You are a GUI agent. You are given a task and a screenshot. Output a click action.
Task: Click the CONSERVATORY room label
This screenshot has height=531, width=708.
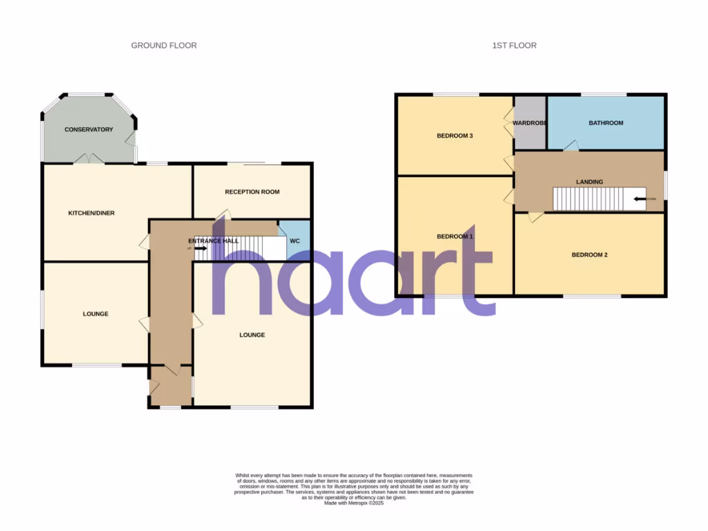88,129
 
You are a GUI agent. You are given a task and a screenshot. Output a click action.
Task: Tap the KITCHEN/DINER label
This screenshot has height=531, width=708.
91,213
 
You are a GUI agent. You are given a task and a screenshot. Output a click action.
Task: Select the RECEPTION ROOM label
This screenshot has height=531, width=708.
252,192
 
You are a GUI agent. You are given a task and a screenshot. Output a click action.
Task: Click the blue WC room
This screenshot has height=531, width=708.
295,241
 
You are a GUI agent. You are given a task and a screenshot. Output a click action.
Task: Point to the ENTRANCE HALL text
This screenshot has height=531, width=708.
214,241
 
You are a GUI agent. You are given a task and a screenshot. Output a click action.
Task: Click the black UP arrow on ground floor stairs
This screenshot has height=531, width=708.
200,248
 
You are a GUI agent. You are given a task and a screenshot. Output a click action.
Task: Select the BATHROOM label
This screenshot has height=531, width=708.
606,123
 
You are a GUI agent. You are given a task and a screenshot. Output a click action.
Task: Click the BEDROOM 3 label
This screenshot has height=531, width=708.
454,136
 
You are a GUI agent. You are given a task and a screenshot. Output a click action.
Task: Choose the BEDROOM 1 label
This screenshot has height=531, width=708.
454,236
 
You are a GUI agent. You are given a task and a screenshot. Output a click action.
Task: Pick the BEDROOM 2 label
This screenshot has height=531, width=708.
589,254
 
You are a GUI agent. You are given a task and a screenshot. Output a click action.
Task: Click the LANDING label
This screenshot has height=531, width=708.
589,182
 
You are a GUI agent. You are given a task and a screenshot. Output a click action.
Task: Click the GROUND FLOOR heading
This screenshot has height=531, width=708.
164,46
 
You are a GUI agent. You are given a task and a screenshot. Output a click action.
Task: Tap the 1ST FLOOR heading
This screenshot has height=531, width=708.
514,46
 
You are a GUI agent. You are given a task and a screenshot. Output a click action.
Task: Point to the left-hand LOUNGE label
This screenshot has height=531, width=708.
95,314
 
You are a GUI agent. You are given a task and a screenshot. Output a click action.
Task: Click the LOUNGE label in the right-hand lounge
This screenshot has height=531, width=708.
252,335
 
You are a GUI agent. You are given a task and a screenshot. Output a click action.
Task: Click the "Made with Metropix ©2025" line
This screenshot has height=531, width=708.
354,503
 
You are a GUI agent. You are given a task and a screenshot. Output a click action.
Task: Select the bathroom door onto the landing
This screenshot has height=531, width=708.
570,146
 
